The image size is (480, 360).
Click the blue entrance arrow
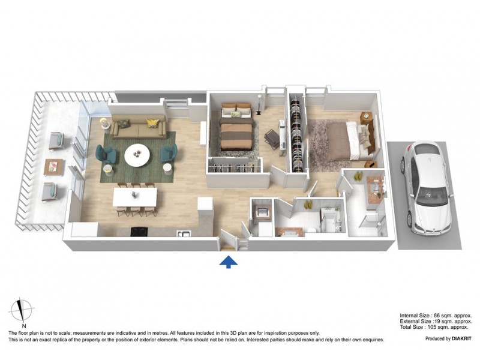(x=228, y=261)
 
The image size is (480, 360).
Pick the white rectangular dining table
(x=136, y=196)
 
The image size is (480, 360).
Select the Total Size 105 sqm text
(x=436, y=327)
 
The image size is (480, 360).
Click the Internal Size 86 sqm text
(x=436, y=315)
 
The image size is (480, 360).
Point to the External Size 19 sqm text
(x=436, y=321)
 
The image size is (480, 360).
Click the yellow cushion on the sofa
(x=153, y=123)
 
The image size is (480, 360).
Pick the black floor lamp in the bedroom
(x=258, y=108)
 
